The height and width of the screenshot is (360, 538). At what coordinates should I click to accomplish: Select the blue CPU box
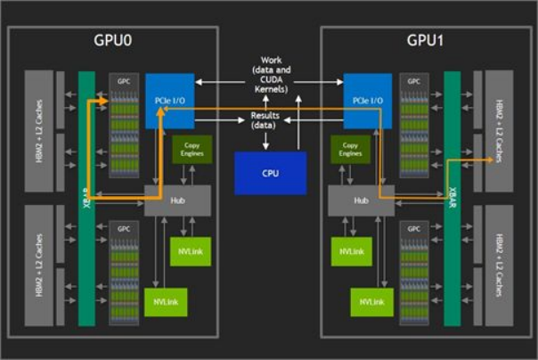270,172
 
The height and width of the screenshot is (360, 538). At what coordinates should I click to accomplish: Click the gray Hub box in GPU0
176,200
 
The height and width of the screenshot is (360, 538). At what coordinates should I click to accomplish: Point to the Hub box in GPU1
361,200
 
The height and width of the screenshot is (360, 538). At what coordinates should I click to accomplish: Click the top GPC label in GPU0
124,79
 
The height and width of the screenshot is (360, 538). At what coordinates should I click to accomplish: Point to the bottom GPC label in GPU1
414,229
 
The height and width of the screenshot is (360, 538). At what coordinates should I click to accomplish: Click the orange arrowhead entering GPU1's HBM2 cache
492,160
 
